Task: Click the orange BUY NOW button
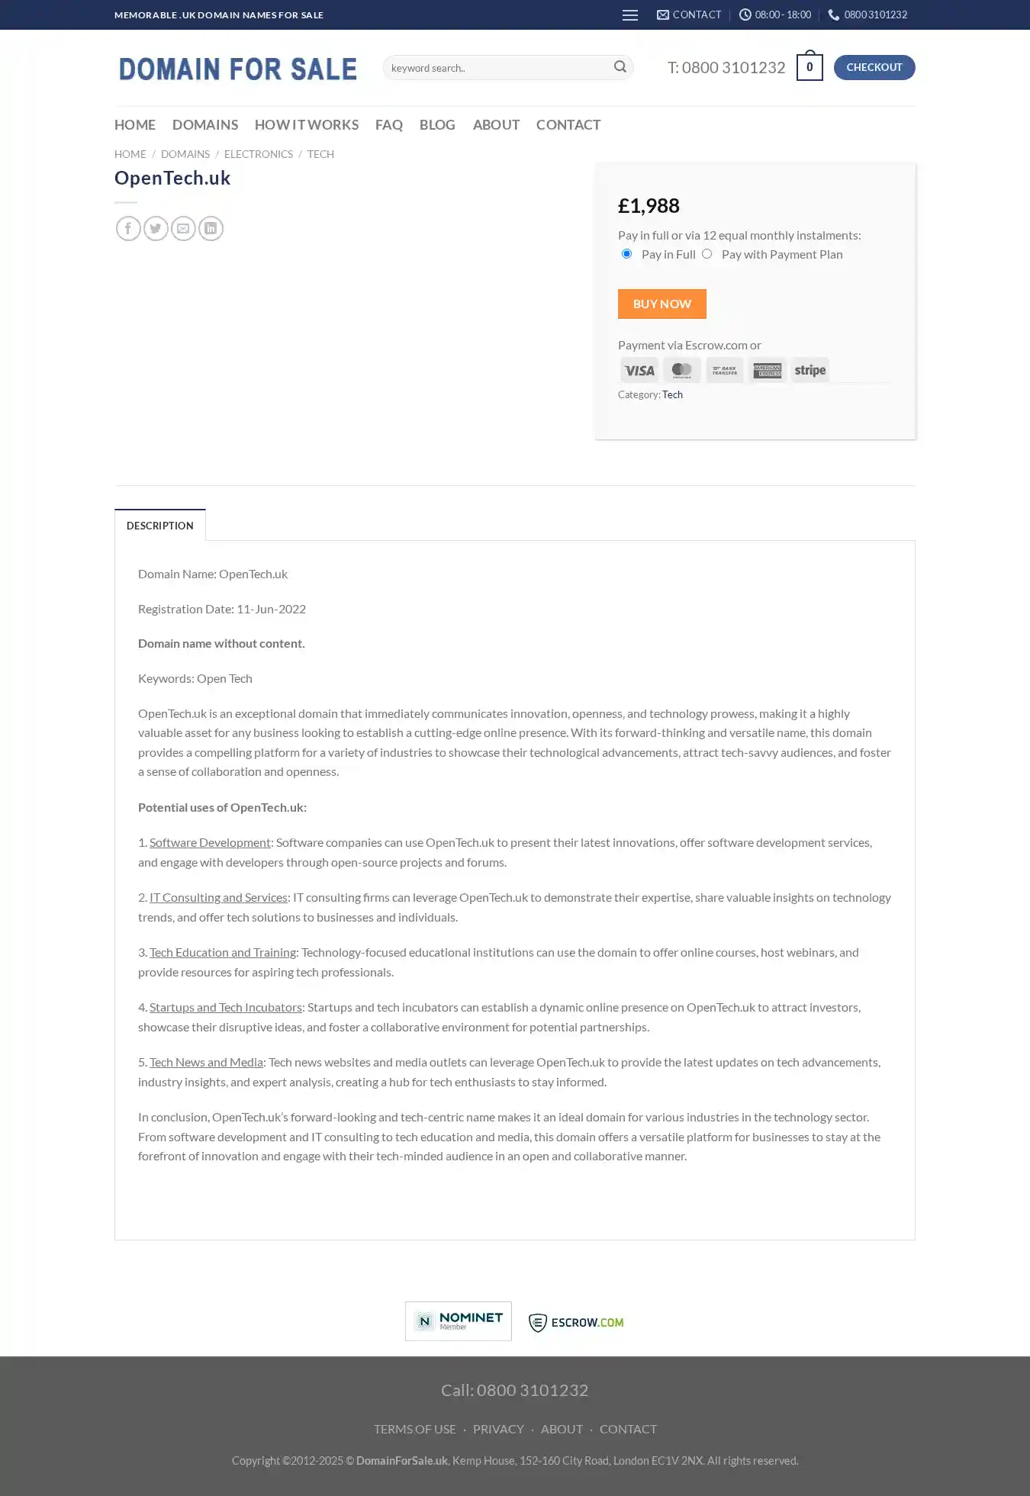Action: point(661,304)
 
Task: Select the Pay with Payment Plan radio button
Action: point(707,254)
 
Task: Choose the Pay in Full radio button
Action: point(626,254)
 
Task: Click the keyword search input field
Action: point(496,68)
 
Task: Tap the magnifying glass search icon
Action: point(620,67)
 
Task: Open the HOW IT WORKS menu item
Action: point(306,124)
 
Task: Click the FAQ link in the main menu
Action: point(388,124)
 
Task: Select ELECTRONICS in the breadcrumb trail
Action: point(258,154)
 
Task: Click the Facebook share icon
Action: point(128,228)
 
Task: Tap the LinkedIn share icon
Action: point(211,228)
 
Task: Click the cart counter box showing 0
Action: point(809,67)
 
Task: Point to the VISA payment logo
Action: point(639,370)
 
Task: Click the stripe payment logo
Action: point(810,370)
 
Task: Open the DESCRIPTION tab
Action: point(159,526)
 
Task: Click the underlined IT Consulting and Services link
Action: point(218,897)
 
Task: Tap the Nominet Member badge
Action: point(458,1321)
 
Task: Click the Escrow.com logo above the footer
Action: point(576,1322)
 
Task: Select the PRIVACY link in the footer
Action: point(498,1429)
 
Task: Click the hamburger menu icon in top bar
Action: point(629,15)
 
